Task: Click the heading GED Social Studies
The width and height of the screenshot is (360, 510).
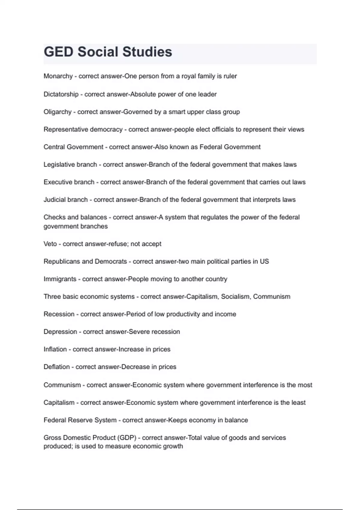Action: click(108, 52)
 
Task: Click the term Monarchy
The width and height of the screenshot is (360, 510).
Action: click(58, 76)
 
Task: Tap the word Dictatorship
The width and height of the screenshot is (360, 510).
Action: click(61, 94)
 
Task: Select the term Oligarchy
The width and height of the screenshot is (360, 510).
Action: click(58, 112)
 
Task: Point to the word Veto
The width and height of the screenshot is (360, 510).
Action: click(50, 244)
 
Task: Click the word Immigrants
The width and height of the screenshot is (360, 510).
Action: click(60, 279)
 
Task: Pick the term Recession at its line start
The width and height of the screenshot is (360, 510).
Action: click(59, 314)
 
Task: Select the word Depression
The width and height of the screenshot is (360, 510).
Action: click(60, 332)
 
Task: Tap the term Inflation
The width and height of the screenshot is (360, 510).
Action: click(55, 349)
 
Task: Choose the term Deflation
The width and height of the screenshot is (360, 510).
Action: click(56, 367)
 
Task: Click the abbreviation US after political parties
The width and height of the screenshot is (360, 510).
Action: click(264, 262)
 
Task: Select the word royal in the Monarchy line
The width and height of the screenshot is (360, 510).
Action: click(188, 76)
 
